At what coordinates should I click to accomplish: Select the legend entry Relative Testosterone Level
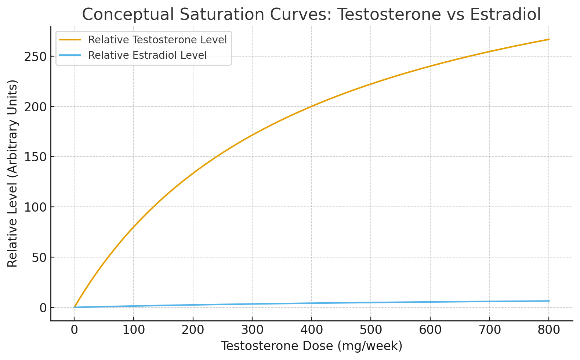point(157,40)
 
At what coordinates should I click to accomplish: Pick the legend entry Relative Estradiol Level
point(148,55)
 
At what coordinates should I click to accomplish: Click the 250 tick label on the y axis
point(35,57)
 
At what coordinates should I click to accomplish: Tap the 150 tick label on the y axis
point(35,157)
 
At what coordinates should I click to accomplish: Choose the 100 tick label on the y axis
point(35,207)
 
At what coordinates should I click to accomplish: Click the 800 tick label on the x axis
point(549,330)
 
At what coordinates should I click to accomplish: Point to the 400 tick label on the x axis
point(312,330)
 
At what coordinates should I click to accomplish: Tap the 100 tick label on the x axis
point(134,330)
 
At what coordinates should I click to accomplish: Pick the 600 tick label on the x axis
point(430,330)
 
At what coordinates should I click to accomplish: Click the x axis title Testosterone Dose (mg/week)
point(312,346)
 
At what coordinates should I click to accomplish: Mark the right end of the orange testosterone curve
point(549,39)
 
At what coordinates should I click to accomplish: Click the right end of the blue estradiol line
point(549,301)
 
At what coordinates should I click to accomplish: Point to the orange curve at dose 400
point(312,107)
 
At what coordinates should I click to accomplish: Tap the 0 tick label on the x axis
point(74,330)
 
